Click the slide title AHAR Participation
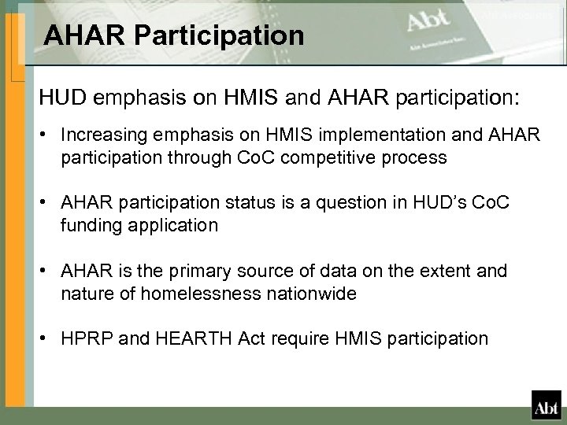coord(173,35)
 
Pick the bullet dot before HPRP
coord(49,338)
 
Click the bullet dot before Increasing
coord(49,137)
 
